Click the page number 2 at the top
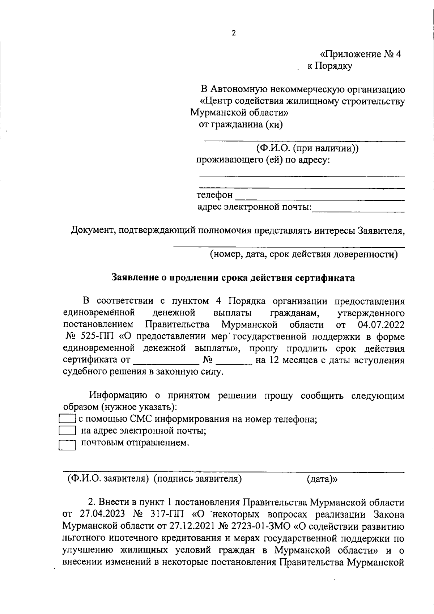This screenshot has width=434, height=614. pyautogui.click(x=233, y=33)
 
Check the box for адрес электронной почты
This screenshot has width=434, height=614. pyautogui.click(x=67, y=431)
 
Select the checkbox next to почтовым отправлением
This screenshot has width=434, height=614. pyautogui.click(x=67, y=445)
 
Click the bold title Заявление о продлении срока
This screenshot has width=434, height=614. pyautogui.click(x=233, y=278)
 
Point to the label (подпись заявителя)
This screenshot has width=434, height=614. pyautogui.click(x=197, y=479)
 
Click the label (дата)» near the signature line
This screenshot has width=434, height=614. pyautogui.click(x=322, y=479)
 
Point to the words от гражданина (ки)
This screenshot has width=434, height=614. pyautogui.click(x=241, y=125)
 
